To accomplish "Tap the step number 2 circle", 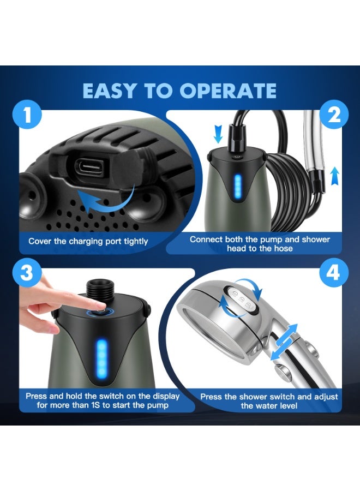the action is (x=334, y=115).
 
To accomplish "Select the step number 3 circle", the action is (x=27, y=272).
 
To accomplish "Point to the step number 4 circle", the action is (x=334, y=272).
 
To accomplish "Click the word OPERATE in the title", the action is (x=228, y=91).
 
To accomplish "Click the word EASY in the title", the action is (x=110, y=91).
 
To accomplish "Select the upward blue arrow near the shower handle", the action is (x=335, y=176).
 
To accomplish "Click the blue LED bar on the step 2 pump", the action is (x=238, y=187).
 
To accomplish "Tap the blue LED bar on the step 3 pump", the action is (x=102, y=354).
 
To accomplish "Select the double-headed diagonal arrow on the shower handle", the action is (x=284, y=343).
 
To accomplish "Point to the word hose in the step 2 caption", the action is (x=284, y=249).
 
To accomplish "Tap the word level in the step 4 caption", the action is (x=287, y=406).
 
